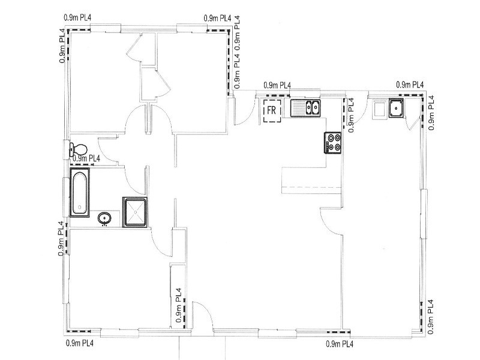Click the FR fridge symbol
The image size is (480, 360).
pyautogui.click(x=272, y=110)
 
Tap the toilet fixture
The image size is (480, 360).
pyautogui.click(x=79, y=149)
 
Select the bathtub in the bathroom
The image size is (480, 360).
pyautogui.click(x=80, y=193)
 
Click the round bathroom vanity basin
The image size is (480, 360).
pyautogui.click(x=104, y=218)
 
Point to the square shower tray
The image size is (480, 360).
pyautogui.click(x=134, y=212)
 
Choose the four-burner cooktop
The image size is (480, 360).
pyautogui.click(x=333, y=143)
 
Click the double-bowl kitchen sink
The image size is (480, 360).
pyautogui.click(x=305, y=108)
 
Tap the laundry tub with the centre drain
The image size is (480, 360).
pyautogui.click(x=397, y=108)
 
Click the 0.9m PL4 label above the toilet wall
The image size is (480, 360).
pyautogui.click(x=86, y=158)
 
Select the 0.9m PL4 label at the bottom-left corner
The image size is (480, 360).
pyautogui.click(x=80, y=343)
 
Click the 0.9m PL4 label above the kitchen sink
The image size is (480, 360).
pyautogui.click(x=277, y=85)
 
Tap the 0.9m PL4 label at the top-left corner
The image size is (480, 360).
pyautogui.click(x=77, y=17)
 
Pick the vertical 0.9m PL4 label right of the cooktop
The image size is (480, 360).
pyautogui.click(x=351, y=115)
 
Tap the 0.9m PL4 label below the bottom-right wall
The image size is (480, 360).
pyautogui.click(x=340, y=344)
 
